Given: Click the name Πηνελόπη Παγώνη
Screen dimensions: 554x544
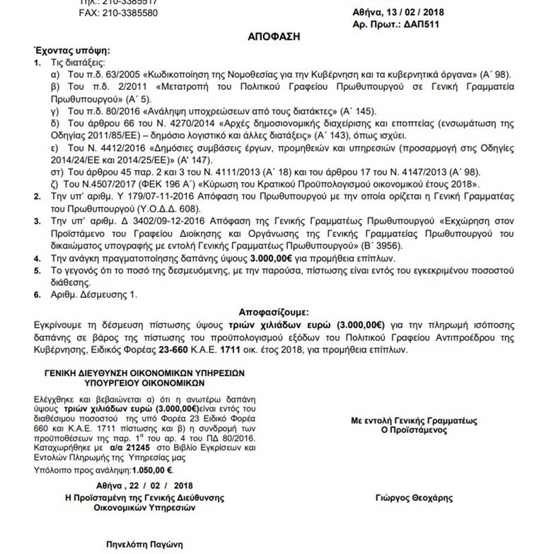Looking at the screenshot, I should coord(145,544).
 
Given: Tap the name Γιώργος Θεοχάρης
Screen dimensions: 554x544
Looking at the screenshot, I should coord(414,498).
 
